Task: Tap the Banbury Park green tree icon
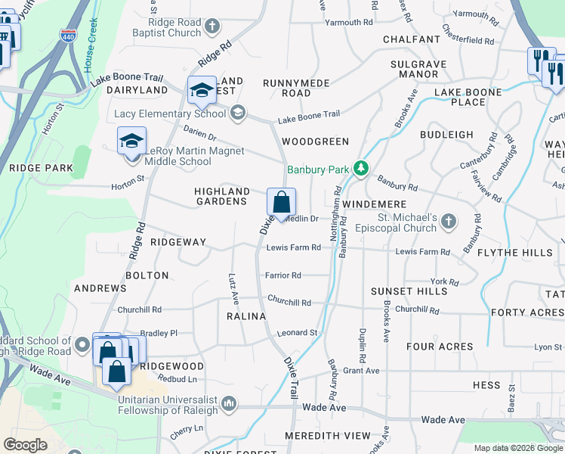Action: [362, 169]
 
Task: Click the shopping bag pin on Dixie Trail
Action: [281, 203]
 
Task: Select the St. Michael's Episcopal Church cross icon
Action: [449, 222]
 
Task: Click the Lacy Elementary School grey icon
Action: [238, 113]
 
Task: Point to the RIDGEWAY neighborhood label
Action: [178, 242]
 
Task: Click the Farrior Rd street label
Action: [283, 275]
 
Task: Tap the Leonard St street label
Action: [296, 333]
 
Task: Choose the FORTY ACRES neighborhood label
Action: [527, 313]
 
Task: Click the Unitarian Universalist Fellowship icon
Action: [229, 404]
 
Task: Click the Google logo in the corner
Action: [25, 444]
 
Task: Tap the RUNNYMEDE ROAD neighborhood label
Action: [286, 87]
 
